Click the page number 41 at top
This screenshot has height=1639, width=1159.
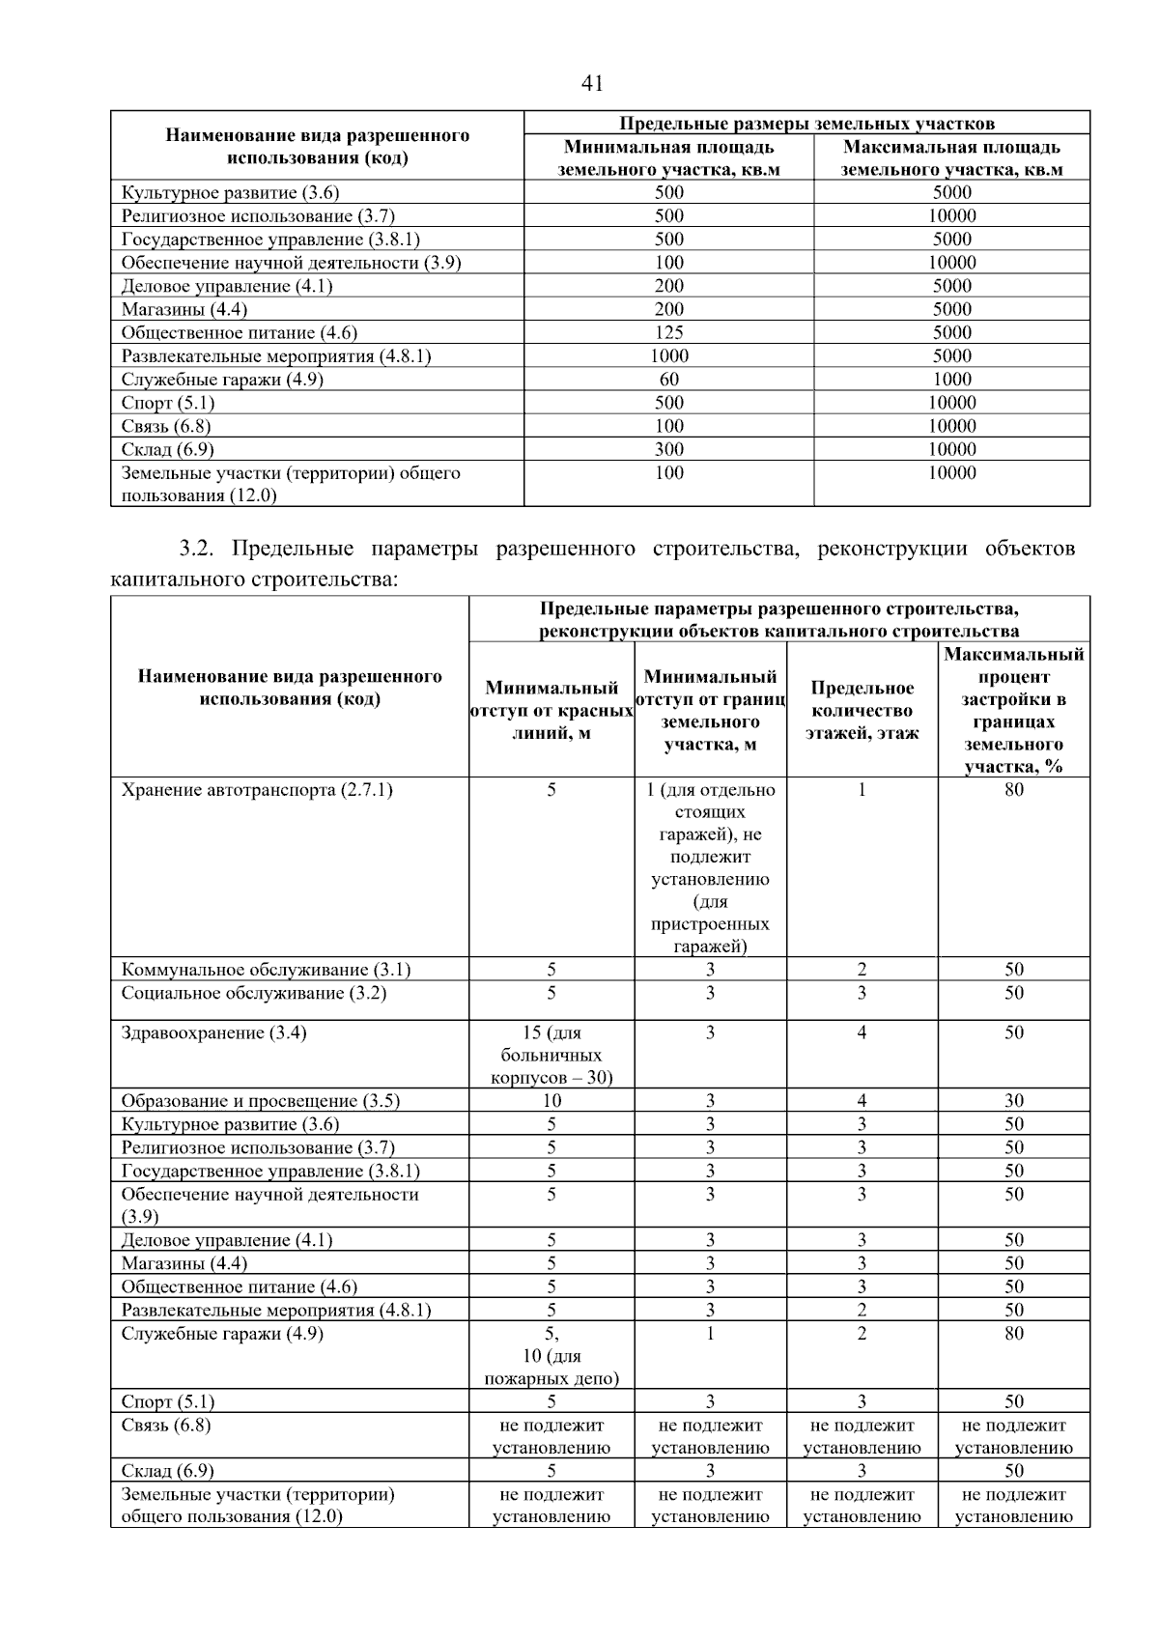click(592, 84)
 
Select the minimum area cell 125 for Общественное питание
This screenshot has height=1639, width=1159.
click(668, 333)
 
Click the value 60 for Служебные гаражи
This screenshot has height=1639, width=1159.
click(668, 380)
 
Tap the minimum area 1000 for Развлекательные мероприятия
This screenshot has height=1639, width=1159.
click(668, 356)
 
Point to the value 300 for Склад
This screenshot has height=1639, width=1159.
click(668, 449)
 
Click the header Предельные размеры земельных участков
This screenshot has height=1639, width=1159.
click(806, 124)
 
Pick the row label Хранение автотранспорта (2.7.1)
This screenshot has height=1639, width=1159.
click(257, 790)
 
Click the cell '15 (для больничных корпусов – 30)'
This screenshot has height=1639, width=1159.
click(551, 1055)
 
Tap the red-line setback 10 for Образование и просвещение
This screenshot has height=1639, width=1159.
click(551, 1101)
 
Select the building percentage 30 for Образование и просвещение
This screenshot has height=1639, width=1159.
click(1013, 1101)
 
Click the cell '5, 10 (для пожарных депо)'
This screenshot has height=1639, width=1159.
click(551, 1356)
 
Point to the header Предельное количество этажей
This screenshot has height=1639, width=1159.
click(862, 710)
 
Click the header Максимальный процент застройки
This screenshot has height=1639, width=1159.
click(1013, 710)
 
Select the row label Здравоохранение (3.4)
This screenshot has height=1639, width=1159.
click(213, 1033)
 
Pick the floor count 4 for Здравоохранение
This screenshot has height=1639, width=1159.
click(862, 1033)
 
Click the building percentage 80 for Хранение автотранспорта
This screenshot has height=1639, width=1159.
click(1013, 790)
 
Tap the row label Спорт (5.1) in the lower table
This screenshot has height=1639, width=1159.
click(168, 1401)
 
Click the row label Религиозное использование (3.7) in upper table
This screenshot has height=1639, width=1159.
click(258, 216)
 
